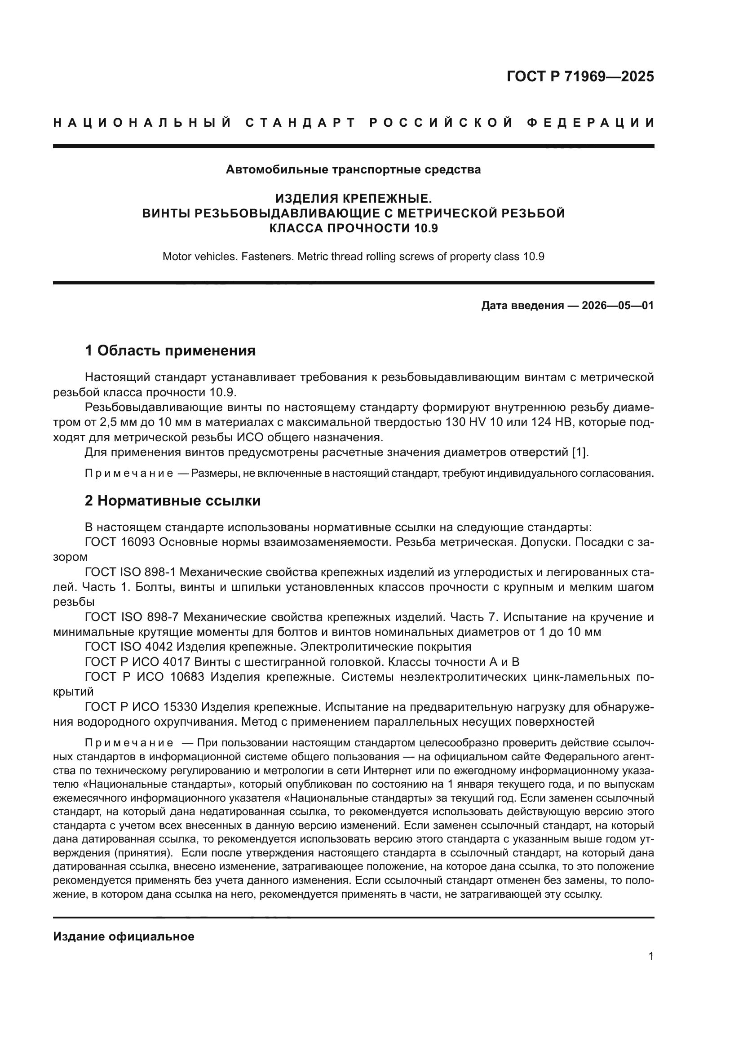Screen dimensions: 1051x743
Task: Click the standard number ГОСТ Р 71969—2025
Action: click(x=580, y=76)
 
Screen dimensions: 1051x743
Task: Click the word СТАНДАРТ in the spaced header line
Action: click(x=301, y=123)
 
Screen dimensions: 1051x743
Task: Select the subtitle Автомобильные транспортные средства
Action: click(x=353, y=170)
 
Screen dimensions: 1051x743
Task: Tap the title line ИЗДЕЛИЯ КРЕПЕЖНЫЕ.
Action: click(x=353, y=199)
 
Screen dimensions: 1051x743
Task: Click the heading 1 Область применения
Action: click(x=170, y=351)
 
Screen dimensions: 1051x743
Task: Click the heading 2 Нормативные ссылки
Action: click(x=172, y=501)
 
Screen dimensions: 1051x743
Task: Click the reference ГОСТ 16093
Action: click(x=121, y=542)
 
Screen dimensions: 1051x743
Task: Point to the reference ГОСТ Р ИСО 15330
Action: click(x=141, y=707)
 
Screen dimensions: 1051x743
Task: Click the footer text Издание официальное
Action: click(x=124, y=936)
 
